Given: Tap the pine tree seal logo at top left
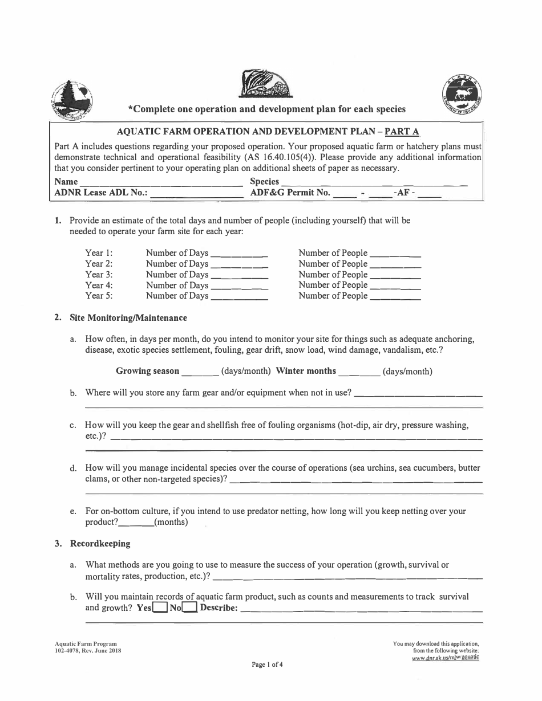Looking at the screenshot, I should (x=71, y=98).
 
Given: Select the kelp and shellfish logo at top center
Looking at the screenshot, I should (x=266, y=83).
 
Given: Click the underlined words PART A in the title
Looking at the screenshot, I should (x=402, y=132).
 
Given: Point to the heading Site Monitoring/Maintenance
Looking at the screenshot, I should (x=128, y=317).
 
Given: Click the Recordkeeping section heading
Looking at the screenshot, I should (x=100, y=544).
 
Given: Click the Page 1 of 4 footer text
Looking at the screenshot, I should (x=268, y=664).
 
